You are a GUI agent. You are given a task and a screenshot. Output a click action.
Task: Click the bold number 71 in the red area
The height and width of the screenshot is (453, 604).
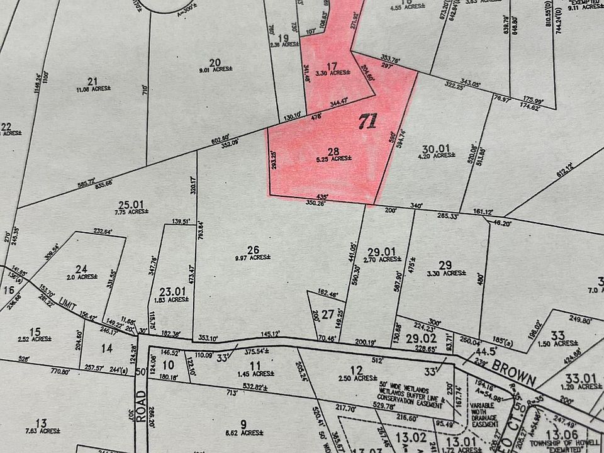coord(367,121)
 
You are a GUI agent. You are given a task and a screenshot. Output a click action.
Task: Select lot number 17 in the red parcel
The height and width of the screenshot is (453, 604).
coord(333,65)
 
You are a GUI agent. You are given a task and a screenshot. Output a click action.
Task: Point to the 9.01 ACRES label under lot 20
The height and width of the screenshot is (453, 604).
coord(215,70)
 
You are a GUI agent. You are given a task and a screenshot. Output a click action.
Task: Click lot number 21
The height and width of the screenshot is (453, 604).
coord(93,81)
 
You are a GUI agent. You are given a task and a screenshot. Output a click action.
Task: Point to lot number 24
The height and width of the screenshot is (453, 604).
coord(81,268)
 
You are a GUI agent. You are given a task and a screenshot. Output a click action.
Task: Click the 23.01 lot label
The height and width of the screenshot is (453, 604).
coord(172,291)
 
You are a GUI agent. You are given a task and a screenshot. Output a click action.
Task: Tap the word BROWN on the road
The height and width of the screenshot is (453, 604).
coord(514,372)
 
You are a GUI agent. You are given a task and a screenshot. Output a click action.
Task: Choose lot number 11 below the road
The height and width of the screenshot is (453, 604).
coord(255,365)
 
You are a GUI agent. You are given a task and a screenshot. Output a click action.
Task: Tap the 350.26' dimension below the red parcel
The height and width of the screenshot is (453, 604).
coord(309,203)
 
